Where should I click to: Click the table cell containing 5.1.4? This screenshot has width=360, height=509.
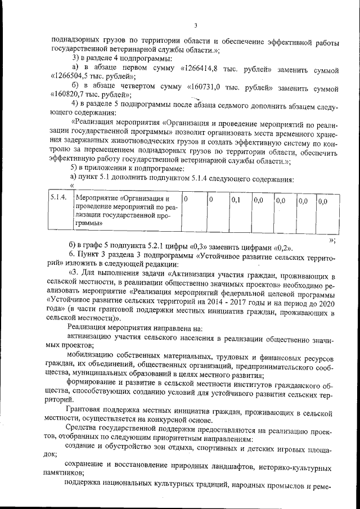coord(58,200)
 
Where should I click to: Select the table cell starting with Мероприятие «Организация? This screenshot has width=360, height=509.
coord(125,211)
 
